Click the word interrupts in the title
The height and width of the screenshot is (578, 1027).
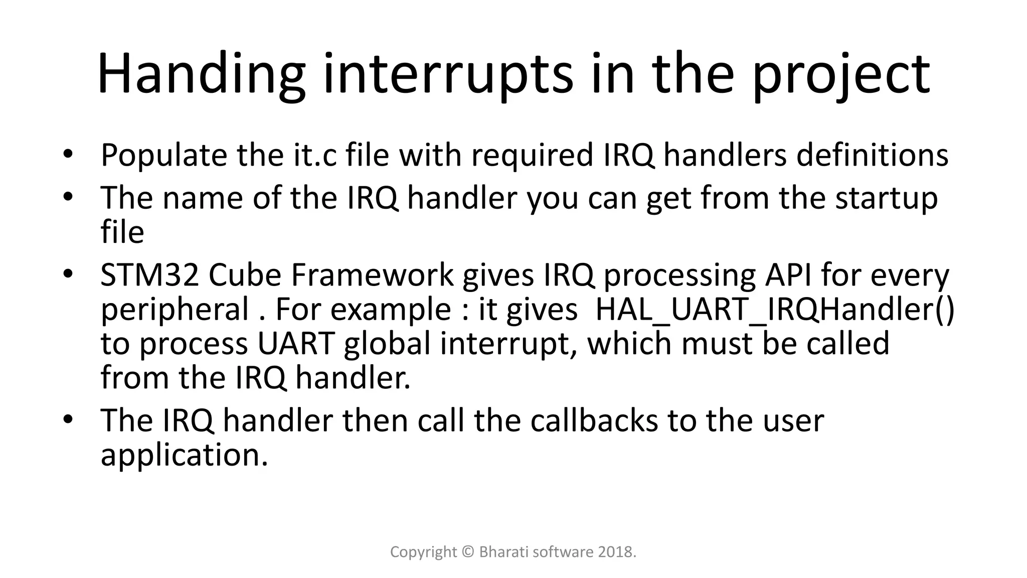pos(448,75)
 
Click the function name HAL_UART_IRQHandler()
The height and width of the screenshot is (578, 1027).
pos(775,310)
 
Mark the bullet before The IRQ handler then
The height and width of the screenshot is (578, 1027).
pos(69,419)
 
